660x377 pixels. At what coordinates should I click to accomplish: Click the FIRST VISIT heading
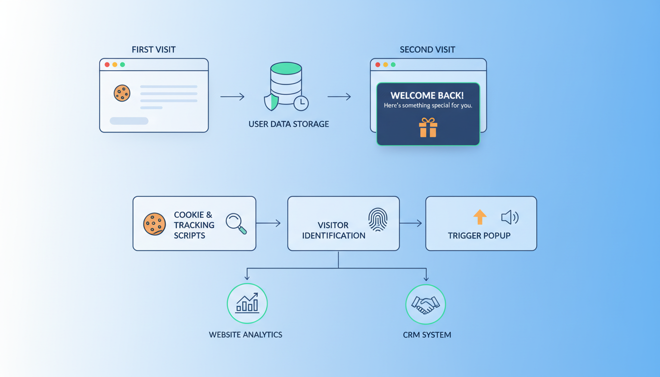click(x=154, y=50)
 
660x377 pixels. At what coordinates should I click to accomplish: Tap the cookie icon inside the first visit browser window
click(x=122, y=93)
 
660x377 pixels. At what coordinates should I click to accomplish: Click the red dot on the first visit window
click(x=107, y=65)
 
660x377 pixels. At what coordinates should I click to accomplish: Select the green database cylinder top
click(x=286, y=68)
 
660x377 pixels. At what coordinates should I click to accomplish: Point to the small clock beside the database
click(x=301, y=103)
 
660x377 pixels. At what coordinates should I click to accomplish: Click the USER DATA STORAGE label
click(x=289, y=124)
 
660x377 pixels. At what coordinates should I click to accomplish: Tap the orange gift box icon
click(x=428, y=128)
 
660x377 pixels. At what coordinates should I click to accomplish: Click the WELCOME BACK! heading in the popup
click(x=427, y=96)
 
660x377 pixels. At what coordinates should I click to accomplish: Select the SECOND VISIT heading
click(x=427, y=50)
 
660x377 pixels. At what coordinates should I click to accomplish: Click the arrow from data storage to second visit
click(x=339, y=97)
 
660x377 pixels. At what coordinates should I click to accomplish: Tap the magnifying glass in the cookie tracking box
click(x=236, y=223)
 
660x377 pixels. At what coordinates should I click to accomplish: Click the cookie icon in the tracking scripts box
click(x=154, y=224)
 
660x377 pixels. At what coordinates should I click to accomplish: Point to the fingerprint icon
click(x=378, y=219)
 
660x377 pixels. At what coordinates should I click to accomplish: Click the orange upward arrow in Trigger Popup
click(x=480, y=217)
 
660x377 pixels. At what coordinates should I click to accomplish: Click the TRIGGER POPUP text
click(x=479, y=236)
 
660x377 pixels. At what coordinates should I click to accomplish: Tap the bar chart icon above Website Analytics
click(x=247, y=303)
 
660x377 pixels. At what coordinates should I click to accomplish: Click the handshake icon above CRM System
click(x=425, y=304)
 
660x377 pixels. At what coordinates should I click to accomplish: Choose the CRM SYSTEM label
click(x=427, y=335)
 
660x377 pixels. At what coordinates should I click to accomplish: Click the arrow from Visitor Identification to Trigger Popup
click(x=411, y=223)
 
